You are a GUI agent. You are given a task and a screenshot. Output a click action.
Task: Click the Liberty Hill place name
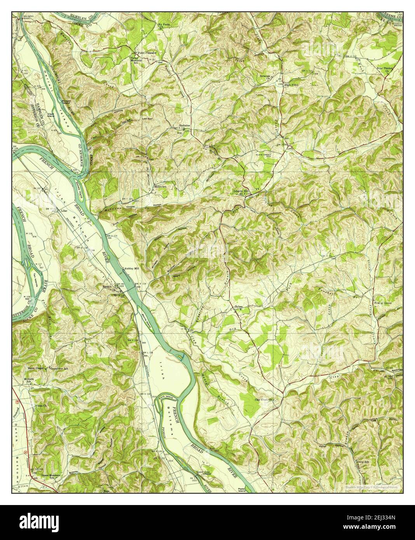pos(241,191)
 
